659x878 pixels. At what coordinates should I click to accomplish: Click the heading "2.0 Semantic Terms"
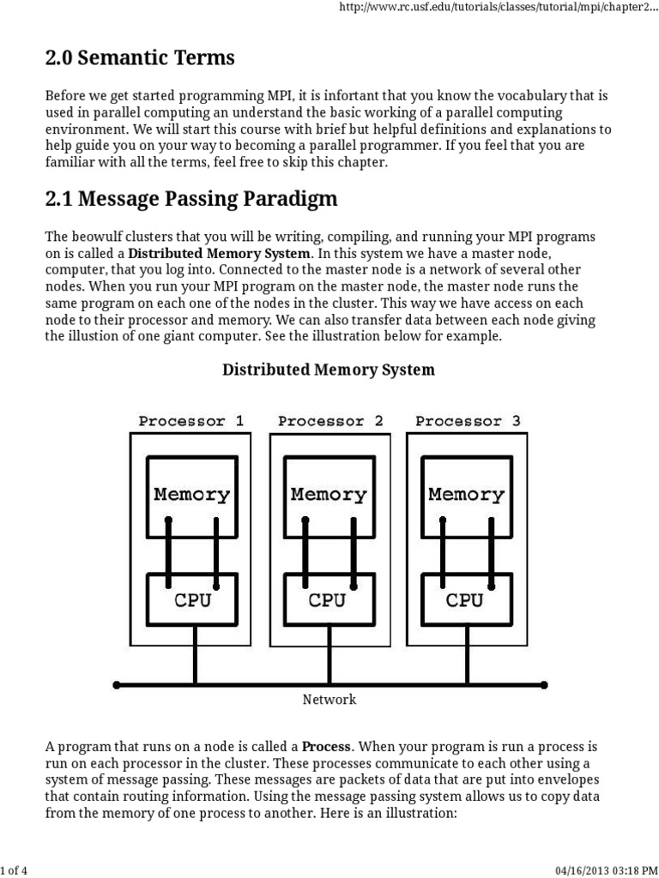140,57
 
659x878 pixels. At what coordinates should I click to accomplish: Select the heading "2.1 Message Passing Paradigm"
191,199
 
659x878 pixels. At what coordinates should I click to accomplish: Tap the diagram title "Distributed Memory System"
329,370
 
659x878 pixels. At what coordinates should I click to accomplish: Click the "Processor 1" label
191,421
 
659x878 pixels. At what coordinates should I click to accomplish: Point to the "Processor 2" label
330,421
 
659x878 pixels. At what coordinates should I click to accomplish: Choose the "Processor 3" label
468,421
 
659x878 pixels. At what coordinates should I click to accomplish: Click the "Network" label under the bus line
329,700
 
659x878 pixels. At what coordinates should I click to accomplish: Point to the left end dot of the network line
117,685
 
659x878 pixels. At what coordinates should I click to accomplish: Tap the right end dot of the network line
544,685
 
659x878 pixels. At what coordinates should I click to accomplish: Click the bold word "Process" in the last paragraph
326,747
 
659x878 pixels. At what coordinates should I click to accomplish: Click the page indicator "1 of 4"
14,870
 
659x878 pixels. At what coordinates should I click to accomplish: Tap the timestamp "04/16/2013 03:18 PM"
606,870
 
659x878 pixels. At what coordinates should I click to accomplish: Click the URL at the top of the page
499,8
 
